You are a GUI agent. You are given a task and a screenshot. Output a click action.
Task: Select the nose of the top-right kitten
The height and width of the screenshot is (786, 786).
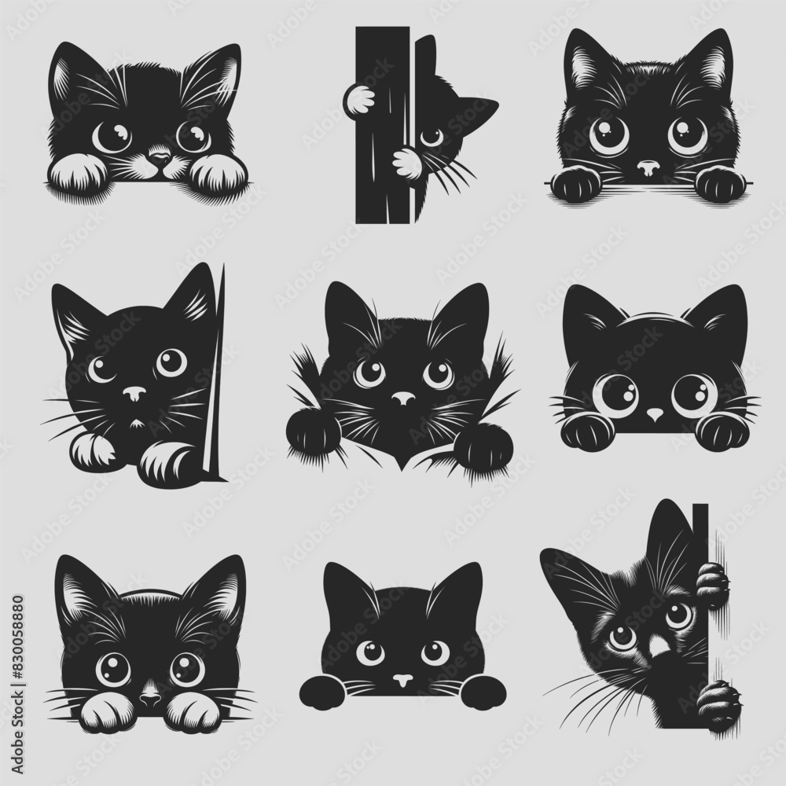pyautogui.click(x=647, y=167)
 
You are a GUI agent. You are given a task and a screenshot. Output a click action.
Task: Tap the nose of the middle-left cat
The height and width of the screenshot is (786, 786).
pyautogui.click(x=134, y=392)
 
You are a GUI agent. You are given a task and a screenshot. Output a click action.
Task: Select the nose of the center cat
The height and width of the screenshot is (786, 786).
pyautogui.click(x=403, y=399)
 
